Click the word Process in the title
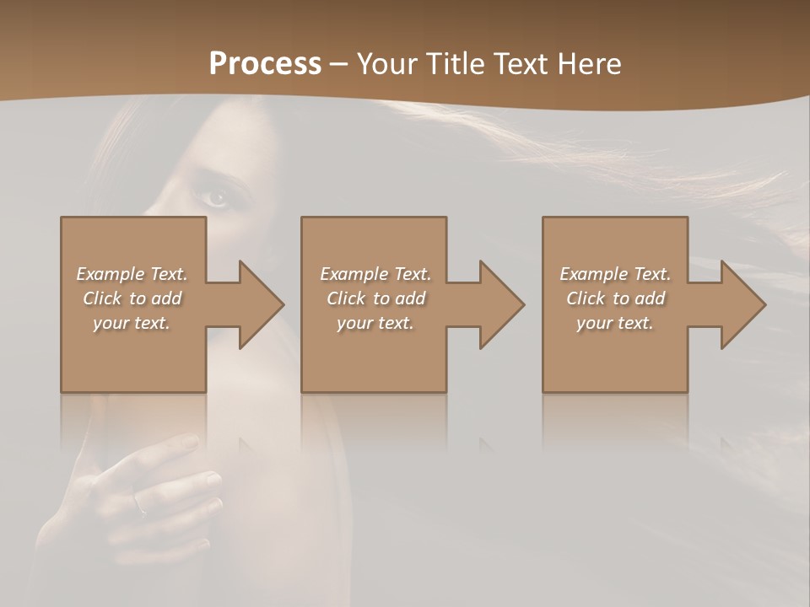265,64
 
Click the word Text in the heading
521,64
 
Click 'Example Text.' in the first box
132,274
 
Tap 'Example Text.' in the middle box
375,274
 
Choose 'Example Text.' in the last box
615,274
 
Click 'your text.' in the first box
132,323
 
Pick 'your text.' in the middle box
375,323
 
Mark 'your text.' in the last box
615,323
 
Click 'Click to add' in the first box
132,298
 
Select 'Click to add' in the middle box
375,298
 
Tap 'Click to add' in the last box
615,298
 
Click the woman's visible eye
215,197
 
